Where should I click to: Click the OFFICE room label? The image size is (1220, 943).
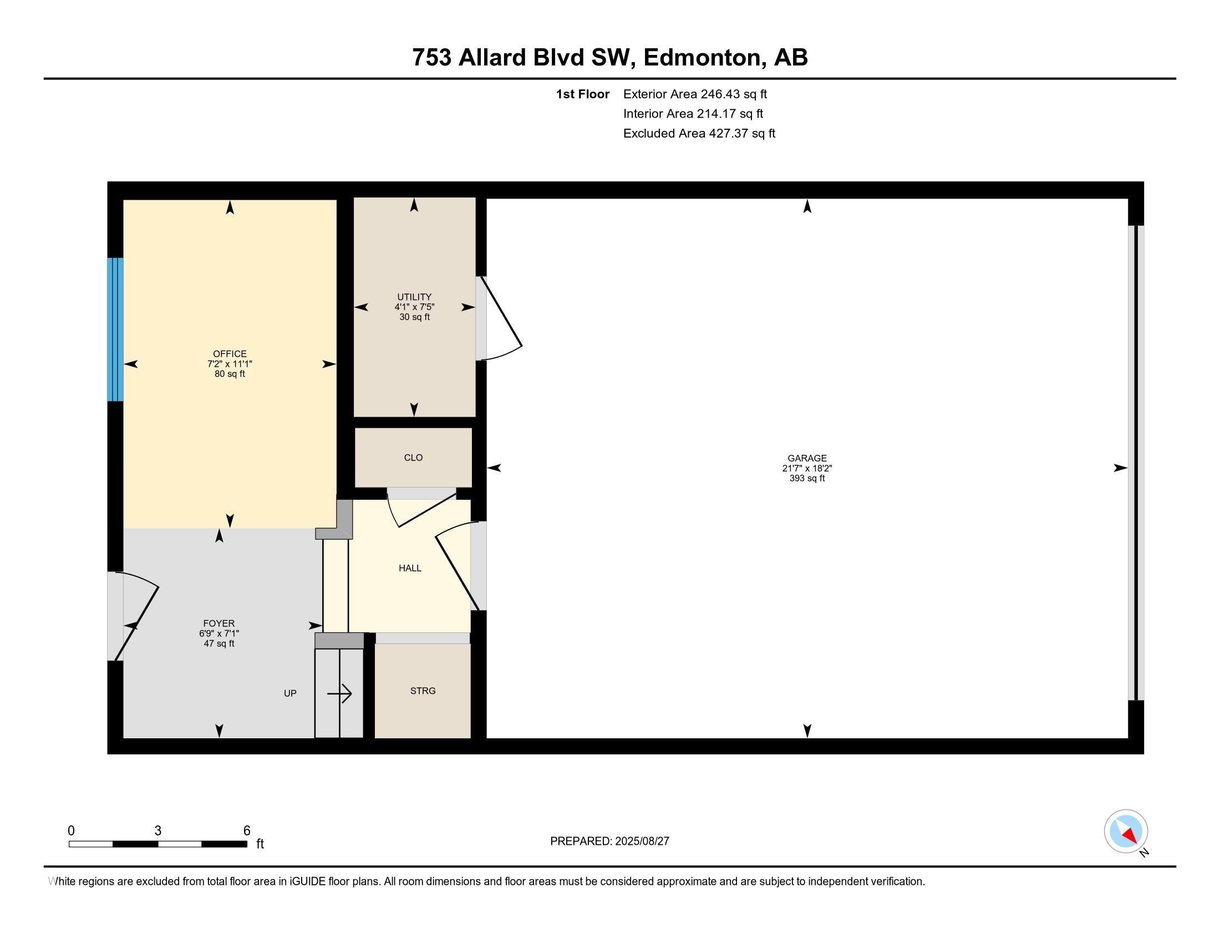point(230,354)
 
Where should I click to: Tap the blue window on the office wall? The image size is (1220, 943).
point(115,329)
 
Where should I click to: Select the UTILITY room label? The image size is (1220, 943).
point(414,297)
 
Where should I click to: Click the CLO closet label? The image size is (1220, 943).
point(413,458)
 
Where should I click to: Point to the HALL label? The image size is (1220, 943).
point(410,568)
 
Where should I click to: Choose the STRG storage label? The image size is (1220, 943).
point(423,691)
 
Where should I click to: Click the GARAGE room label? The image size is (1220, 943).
point(807,458)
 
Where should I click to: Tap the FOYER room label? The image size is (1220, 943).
point(219,623)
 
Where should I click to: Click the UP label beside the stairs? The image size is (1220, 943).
point(290,693)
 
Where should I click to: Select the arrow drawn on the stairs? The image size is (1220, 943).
point(339,694)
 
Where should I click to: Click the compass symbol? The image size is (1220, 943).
point(1126,832)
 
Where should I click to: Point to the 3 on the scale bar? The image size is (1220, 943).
point(158,831)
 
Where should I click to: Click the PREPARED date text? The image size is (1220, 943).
point(609,841)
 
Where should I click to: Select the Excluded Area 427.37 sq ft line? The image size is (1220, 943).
point(699,134)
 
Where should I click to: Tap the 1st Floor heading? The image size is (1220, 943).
point(582,94)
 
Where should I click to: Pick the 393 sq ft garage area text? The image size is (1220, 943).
point(807,478)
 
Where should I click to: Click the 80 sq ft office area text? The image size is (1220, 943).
point(230,374)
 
